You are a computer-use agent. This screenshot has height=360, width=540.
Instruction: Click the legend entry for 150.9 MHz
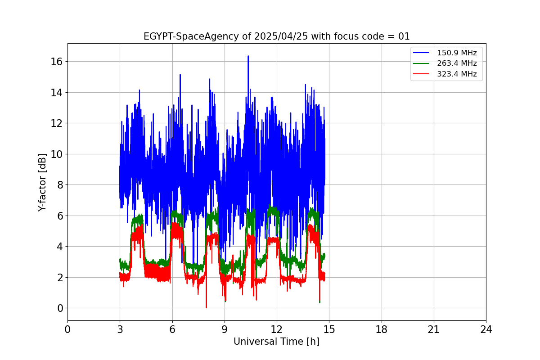pyautogui.click(x=457, y=53)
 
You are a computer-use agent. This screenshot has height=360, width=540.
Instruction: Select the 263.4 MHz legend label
pyautogui.click(x=457, y=63)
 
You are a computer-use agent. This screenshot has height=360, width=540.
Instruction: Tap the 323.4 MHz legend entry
pyautogui.click(x=457, y=74)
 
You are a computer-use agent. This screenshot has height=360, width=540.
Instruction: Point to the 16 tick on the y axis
pyautogui.click(x=58, y=62)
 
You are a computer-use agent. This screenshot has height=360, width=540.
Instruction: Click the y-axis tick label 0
pyautogui.click(x=60, y=308)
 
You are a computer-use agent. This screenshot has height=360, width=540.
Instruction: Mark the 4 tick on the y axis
pyautogui.click(x=60, y=247)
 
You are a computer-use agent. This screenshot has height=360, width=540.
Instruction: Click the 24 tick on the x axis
pyautogui.click(x=486, y=330)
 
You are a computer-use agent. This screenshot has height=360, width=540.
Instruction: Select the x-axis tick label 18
pyautogui.click(x=382, y=330)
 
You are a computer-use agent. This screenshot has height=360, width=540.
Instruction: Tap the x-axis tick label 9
pyautogui.click(x=225, y=330)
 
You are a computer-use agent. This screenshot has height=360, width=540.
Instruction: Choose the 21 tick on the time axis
pyautogui.click(x=434, y=330)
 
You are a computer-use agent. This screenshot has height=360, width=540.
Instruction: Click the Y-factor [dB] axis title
pyautogui.click(x=42, y=182)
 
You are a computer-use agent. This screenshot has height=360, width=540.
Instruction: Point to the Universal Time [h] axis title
pyautogui.click(x=276, y=342)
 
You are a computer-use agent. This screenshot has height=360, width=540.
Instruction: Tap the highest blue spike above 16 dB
pyautogui.click(x=248, y=56)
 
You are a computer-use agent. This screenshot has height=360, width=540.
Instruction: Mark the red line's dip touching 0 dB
pyautogui.click(x=206, y=307)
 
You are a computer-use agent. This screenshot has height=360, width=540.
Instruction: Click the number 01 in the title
pyautogui.click(x=404, y=36)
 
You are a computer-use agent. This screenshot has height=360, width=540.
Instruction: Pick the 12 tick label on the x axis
pyautogui.click(x=277, y=330)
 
